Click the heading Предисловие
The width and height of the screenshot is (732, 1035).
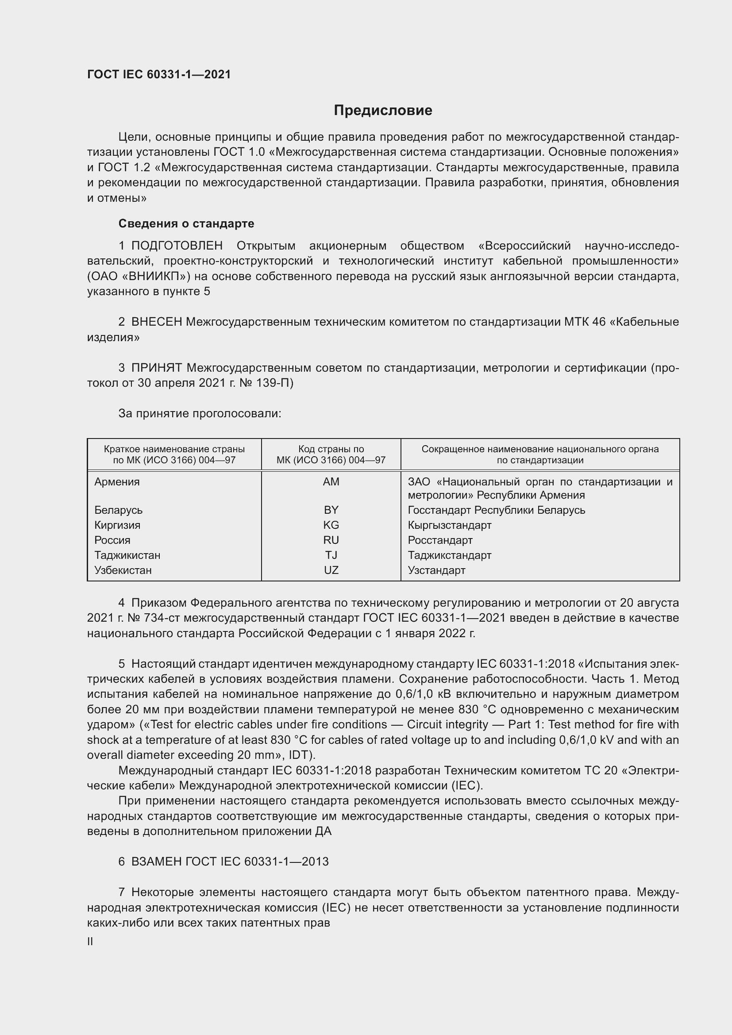383,111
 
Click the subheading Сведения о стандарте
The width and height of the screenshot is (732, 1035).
186,223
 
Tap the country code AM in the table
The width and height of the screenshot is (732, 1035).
331,482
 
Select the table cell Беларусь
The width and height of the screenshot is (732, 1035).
119,510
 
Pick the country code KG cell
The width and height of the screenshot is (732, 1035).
331,525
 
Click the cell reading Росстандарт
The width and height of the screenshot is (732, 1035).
440,540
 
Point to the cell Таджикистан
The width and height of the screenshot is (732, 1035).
127,555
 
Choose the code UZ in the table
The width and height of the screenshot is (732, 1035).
331,570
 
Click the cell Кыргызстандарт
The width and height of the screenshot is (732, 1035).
449,525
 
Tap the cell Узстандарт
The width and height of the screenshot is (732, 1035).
436,570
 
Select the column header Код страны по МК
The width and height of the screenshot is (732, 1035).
331,454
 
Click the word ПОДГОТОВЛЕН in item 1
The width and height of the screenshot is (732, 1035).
177,246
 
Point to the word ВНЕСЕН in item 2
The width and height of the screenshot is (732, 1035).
156,322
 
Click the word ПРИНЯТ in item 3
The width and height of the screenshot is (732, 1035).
156,368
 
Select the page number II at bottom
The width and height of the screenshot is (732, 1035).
90,942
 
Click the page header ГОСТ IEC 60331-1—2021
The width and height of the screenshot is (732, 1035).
159,74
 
